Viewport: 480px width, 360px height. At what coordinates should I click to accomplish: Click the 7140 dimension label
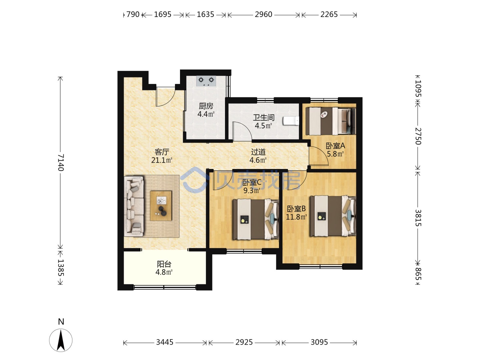pos(60,162)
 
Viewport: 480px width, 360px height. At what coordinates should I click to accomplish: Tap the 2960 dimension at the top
pos(263,14)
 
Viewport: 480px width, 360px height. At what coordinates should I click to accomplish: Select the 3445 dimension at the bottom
pos(164,342)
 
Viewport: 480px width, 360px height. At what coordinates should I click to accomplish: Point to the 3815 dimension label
pos(418,218)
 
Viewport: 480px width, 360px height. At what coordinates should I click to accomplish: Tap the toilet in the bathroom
pos(291,121)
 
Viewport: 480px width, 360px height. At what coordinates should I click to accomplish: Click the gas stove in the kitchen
pos(206,81)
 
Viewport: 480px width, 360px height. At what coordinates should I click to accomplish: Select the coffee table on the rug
pos(161,206)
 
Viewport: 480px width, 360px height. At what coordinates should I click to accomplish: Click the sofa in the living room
pos(134,206)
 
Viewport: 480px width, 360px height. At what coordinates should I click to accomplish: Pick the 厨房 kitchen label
pos(206,106)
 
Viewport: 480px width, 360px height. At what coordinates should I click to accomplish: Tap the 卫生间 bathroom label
pos(264,118)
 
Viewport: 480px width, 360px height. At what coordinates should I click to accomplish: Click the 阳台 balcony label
pos(164,264)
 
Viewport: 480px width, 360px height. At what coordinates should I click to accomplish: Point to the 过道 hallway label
pos(258,152)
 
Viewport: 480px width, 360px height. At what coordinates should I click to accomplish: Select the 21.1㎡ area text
pos(162,160)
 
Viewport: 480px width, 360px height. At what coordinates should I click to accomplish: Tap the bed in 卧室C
pos(255,219)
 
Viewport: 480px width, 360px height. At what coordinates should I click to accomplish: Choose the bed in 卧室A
pos(330,121)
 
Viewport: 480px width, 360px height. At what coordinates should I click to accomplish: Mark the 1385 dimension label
pos(60,268)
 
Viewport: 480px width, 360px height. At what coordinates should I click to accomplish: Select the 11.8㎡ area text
pos(296,217)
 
